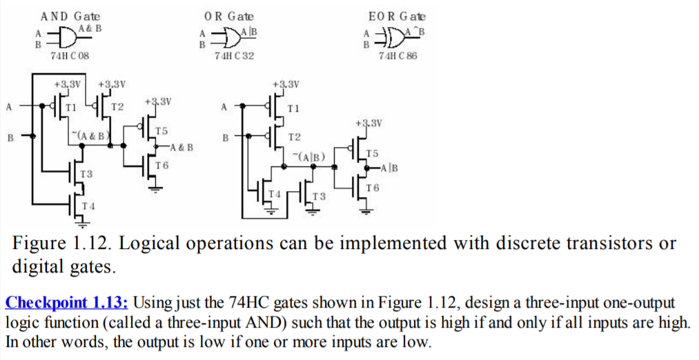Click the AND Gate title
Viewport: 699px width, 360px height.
coord(70,16)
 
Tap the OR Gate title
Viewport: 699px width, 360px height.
coord(229,16)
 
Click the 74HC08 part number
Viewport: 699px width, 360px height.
coord(70,55)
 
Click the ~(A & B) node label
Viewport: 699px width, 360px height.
coord(90,134)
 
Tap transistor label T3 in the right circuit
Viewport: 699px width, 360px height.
coord(319,197)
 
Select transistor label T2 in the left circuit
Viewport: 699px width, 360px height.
coord(117,107)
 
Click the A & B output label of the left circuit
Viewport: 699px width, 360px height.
coord(181,147)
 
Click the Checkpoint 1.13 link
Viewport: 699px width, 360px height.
coord(68,302)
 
